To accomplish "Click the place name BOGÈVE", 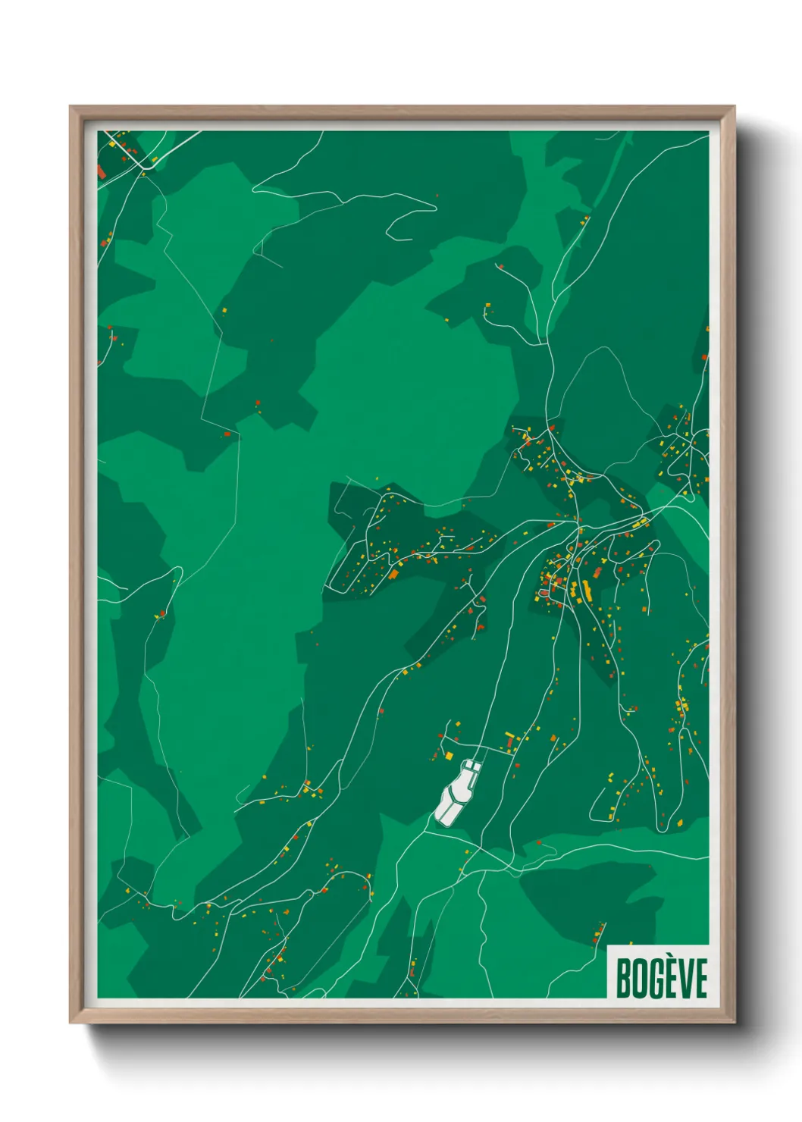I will click(x=661, y=978).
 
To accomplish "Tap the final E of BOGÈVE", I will click(x=700, y=979).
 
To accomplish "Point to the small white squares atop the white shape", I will click(x=471, y=766).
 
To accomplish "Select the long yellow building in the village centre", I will click(x=586, y=589).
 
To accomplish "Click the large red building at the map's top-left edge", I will click(x=102, y=171).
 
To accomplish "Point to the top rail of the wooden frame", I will click(x=402, y=112).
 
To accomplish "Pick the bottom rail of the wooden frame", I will click(x=402, y=1016).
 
